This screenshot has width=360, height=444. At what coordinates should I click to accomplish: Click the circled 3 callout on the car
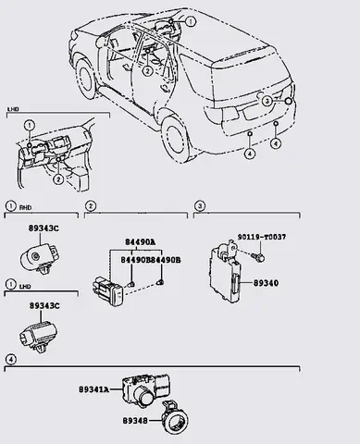pyautogui.click(x=267, y=102)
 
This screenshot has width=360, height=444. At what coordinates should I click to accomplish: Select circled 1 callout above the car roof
pyautogui.click(x=191, y=20)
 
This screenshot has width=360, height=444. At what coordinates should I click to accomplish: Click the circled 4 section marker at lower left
pyautogui.click(x=9, y=358)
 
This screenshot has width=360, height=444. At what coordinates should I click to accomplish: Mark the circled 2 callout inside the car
pyautogui.click(x=147, y=69)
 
